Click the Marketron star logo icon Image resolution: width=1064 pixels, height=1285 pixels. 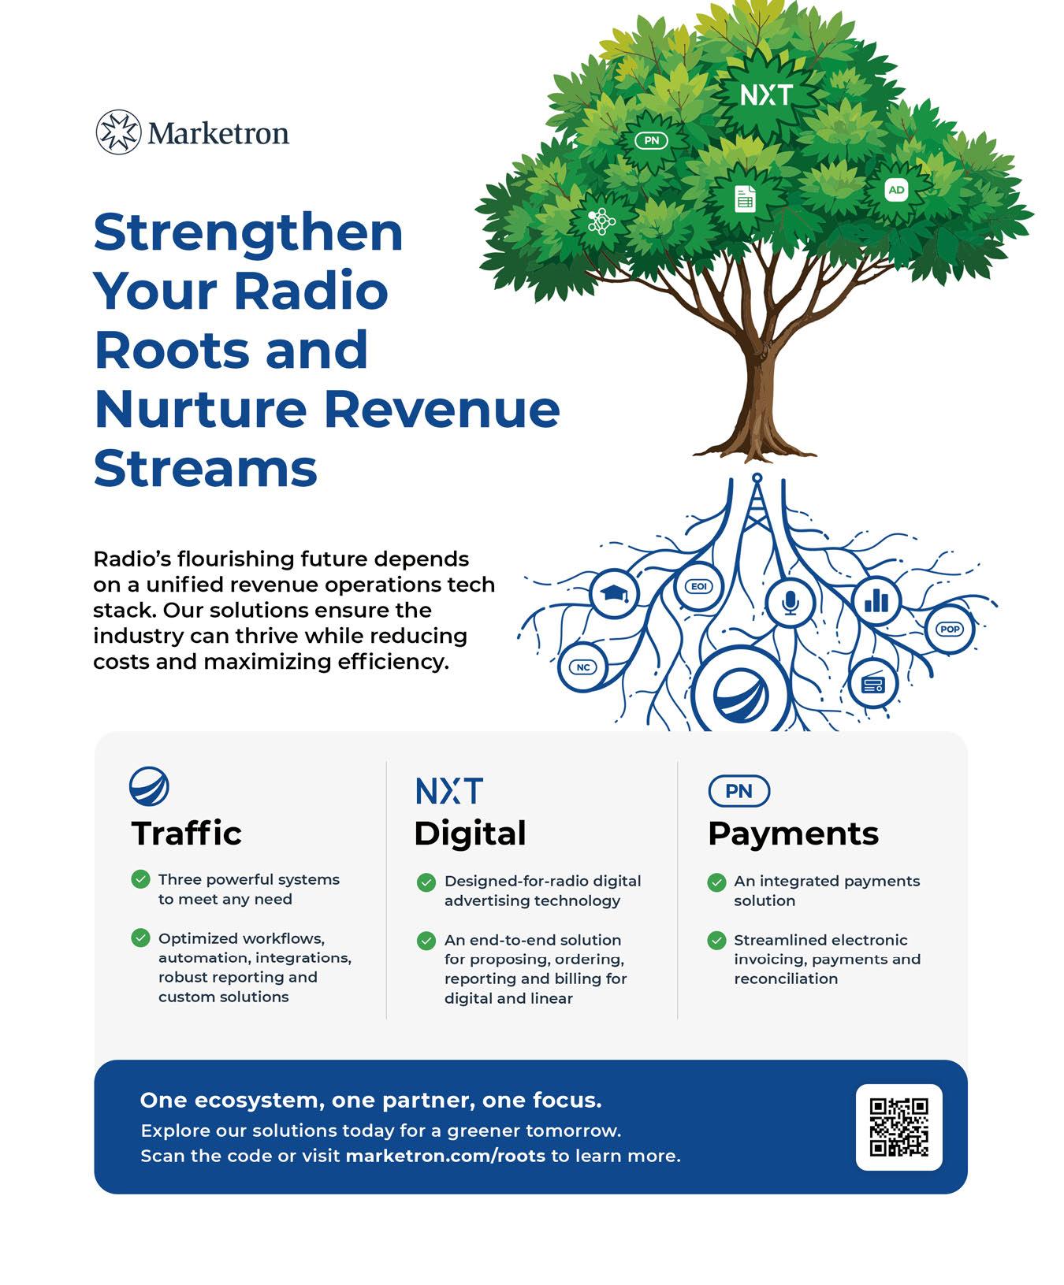tap(118, 132)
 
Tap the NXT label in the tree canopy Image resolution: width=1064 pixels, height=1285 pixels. tap(766, 95)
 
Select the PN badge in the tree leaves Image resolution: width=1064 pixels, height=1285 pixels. tap(651, 141)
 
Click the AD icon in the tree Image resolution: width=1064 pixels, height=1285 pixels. tap(896, 190)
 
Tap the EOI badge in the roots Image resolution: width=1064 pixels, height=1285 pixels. tap(698, 586)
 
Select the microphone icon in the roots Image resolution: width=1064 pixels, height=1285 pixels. tap(790, 602)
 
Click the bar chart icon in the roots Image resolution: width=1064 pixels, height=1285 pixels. tap(876, 601)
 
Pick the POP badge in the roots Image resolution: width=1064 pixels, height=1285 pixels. tap(950, 629)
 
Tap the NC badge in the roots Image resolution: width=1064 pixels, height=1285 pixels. tap(583, 667)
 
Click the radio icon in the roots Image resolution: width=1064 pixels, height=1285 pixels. tap(873, 683)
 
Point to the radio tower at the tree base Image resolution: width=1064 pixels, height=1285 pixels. tap(757, 512)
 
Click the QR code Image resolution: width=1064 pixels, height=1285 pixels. tap(898, 1127)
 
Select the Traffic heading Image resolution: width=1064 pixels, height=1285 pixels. tap(187, 834)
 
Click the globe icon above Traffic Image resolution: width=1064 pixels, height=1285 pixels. tap(149, 786)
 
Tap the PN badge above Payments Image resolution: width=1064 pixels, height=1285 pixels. tap(738, 791)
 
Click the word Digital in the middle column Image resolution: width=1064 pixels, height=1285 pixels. tap(470, 834)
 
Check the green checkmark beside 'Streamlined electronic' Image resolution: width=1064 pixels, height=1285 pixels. tap(716, 940)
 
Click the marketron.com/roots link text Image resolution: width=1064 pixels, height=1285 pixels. tap(445, 1156)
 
